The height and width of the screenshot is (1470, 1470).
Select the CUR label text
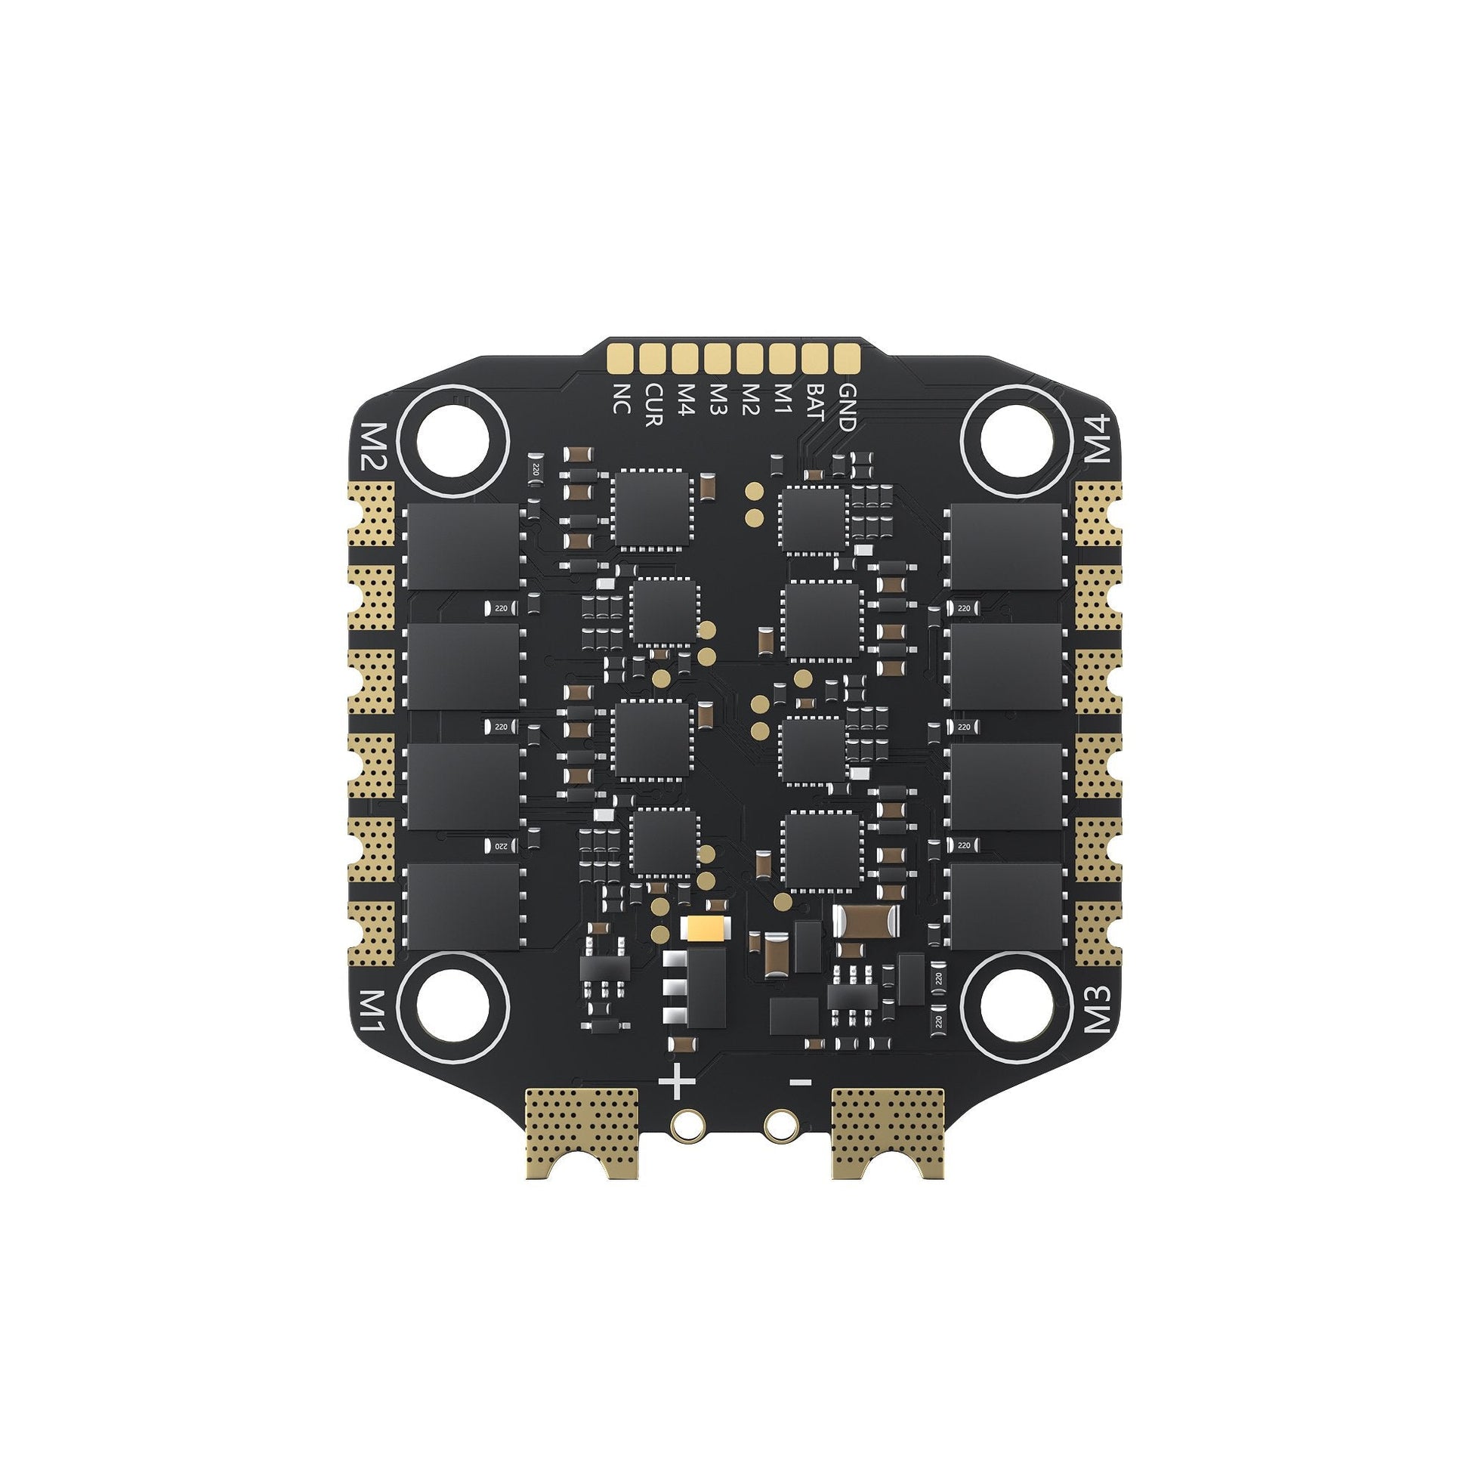[x=653, y=406]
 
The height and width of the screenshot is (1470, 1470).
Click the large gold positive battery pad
[x=582, y=1132]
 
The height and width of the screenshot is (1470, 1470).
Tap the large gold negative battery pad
[x=888, y=1132]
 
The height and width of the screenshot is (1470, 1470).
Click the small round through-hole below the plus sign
[x=688, y=1124]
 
